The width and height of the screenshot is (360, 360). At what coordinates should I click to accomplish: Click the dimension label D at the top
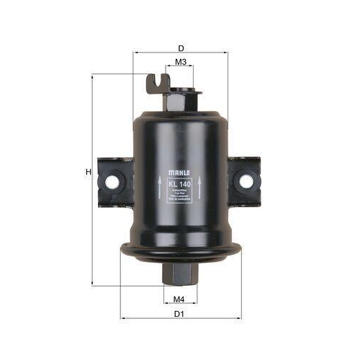tap(180, 48)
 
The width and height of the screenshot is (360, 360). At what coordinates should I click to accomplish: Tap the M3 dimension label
tap(181, 63)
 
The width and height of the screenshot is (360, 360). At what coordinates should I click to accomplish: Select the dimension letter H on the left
tap(87, 172)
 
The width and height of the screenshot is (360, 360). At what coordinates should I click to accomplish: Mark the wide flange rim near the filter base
tap(180, 251)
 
